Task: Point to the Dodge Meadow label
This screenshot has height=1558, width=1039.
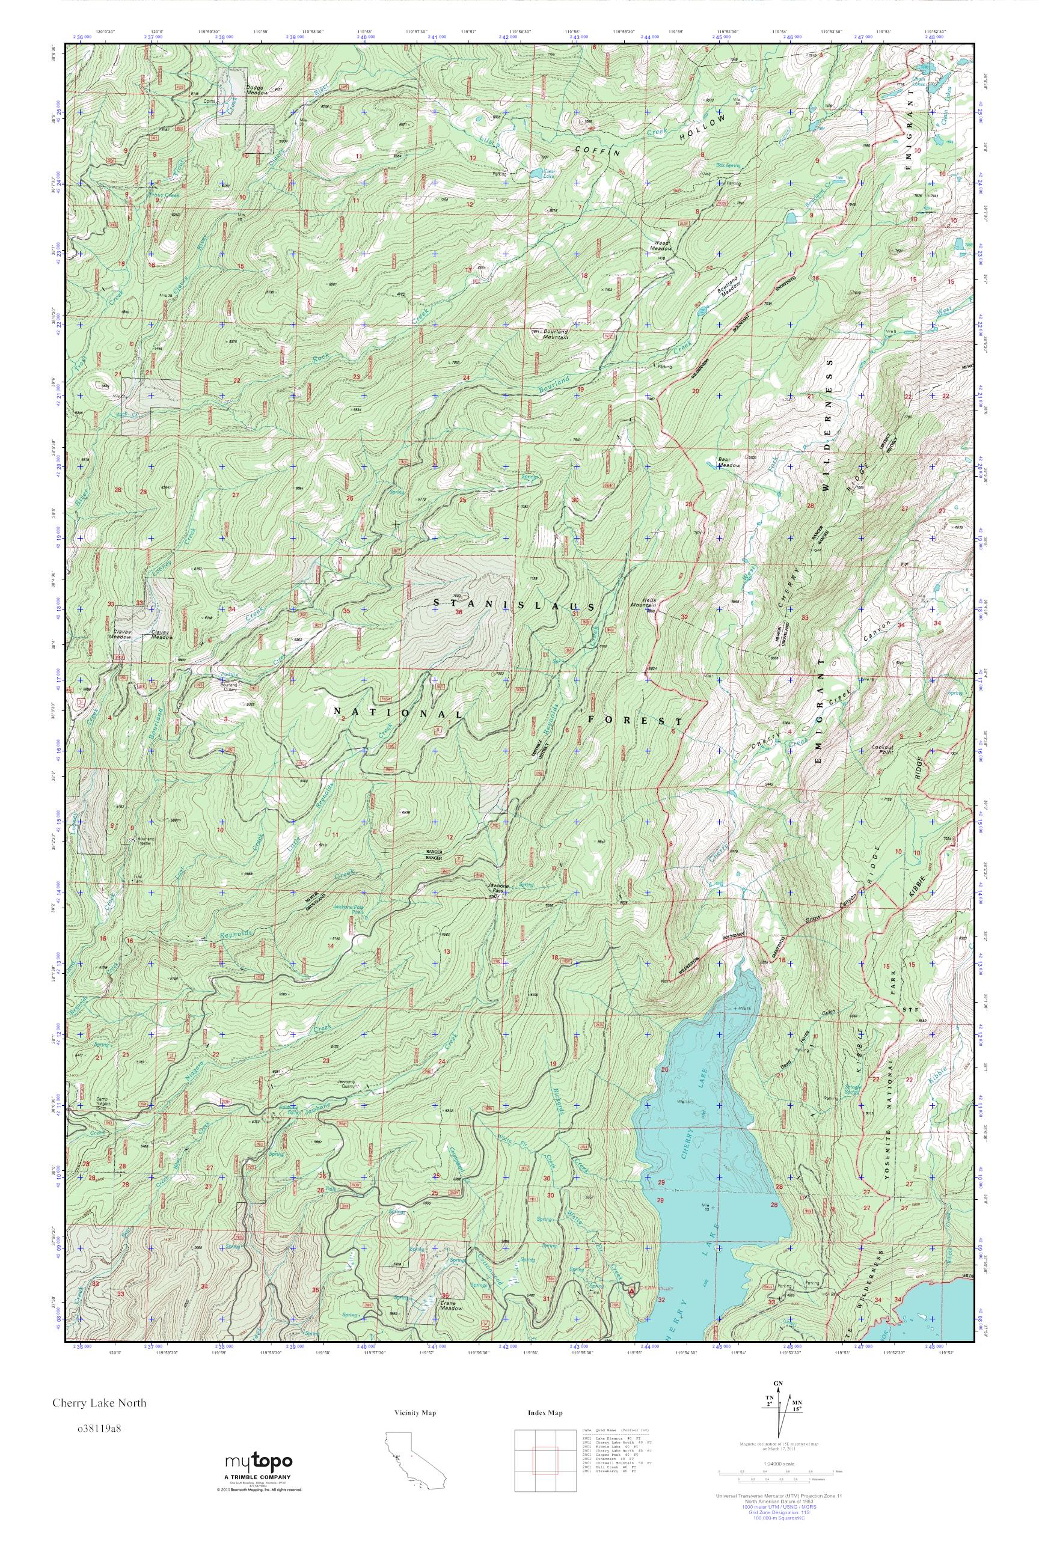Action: (259, 90)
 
